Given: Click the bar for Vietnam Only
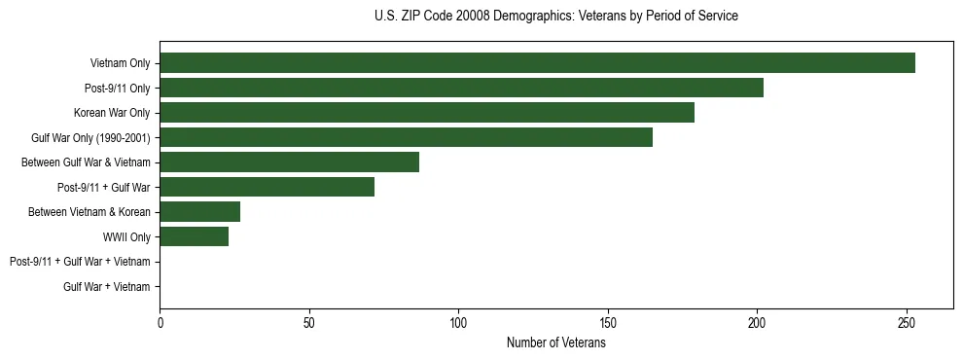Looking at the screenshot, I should (537, 63).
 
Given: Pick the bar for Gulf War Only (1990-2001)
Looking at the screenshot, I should (406, 138).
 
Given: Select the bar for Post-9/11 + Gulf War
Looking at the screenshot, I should (267, 187).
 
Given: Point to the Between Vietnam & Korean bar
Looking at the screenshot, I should (199, 212).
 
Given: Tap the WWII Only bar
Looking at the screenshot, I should (194, 236).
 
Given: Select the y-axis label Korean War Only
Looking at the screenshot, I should (112, 113).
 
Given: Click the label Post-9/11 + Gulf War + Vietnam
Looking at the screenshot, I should (80, 262).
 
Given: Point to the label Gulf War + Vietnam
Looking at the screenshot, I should (107, 286).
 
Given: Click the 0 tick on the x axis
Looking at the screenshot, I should (160, 322).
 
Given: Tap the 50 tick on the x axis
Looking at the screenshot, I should (309, 322).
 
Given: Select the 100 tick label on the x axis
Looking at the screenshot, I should (458, 322).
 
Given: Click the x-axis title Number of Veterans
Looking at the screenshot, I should (556, 342).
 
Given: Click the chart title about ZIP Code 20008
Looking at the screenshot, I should (556, 17).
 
